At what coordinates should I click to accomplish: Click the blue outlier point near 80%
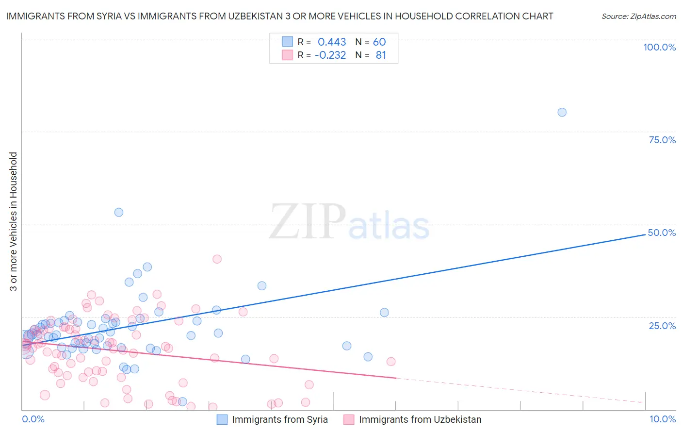tap(562, 112)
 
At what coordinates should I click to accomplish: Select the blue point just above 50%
tap(118, 212)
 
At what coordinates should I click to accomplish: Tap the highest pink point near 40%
tap(217, 259)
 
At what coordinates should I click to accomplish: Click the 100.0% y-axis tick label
tap(659, 47)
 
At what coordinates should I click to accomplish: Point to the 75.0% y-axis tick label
tap(662, 140)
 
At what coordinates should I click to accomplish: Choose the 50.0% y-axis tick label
tap(662, 233)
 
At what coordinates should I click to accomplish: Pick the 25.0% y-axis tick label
tap(662, 326)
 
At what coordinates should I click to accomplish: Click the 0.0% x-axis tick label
tap(33, 419)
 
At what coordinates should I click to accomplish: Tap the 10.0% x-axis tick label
tap(662, 419)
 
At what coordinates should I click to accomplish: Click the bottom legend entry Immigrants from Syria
tap(279, 420)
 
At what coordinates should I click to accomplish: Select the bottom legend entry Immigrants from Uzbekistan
tap(420, 420)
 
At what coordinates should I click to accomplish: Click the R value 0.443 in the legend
tap(332, 42)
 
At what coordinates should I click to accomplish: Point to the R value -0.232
tap(330, 55)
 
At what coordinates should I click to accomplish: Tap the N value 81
tap(381, 55)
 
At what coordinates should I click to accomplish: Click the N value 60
tap(379, 42)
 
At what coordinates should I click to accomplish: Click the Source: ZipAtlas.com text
tap(638, 17)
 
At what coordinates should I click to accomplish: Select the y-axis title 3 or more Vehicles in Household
tap(14, 221)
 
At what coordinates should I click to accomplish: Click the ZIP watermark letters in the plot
tap(308, 222)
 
